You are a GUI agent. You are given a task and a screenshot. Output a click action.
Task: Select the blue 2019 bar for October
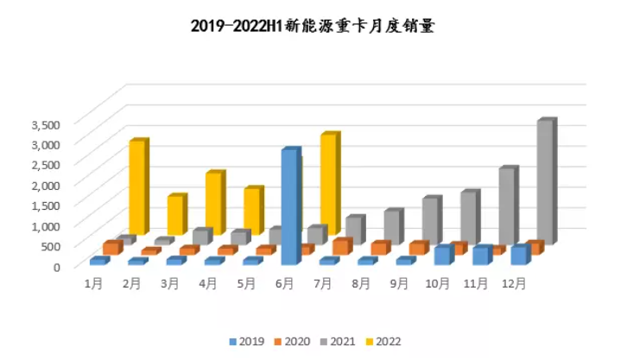pos(442,255)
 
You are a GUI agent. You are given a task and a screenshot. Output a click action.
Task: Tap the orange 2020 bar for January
pos(110,248)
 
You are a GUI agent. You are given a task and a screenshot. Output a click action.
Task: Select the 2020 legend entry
pos(293,342)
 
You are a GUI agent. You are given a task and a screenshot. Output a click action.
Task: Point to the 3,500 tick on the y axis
pos(45,123)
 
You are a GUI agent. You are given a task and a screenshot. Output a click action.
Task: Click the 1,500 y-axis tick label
pos(45,205)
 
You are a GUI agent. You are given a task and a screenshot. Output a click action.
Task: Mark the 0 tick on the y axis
pos(57,266)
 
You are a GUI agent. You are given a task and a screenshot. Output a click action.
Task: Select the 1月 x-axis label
pos(94,282)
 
